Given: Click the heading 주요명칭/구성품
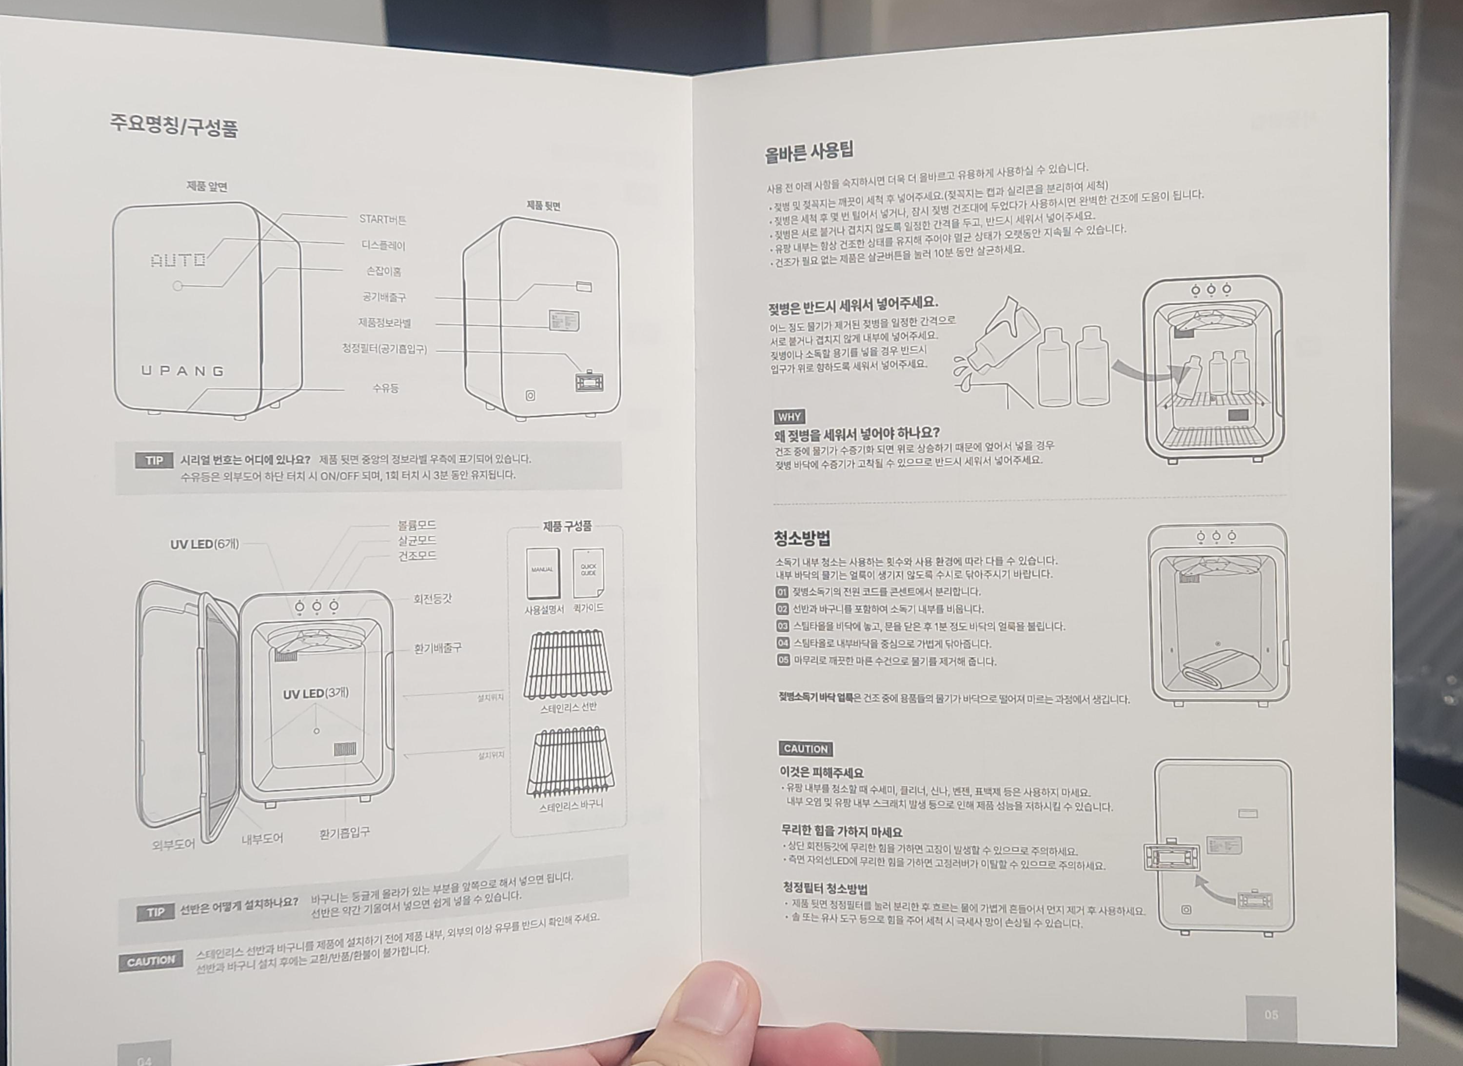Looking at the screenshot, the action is (174, 125).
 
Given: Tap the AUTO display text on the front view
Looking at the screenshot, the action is (178, 260).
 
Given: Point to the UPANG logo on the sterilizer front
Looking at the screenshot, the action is (183, 371).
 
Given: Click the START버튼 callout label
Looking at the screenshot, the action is (383, 220).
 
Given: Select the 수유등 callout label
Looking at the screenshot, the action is (385, 388).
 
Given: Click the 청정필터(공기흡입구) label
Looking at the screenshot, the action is (384, 349).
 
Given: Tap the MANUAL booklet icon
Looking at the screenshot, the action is (542, 573).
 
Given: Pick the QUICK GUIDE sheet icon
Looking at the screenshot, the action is (588, 573).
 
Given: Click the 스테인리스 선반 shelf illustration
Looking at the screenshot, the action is (567, 664).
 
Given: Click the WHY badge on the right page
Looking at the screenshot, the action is (789, 417).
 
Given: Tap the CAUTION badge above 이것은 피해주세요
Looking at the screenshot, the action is (805, 749).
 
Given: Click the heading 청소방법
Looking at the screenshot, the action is (802, 537).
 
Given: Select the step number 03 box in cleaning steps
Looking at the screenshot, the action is (782, 626).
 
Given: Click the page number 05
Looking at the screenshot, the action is (1271, 1014).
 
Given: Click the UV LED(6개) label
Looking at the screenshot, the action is (204, 544).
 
